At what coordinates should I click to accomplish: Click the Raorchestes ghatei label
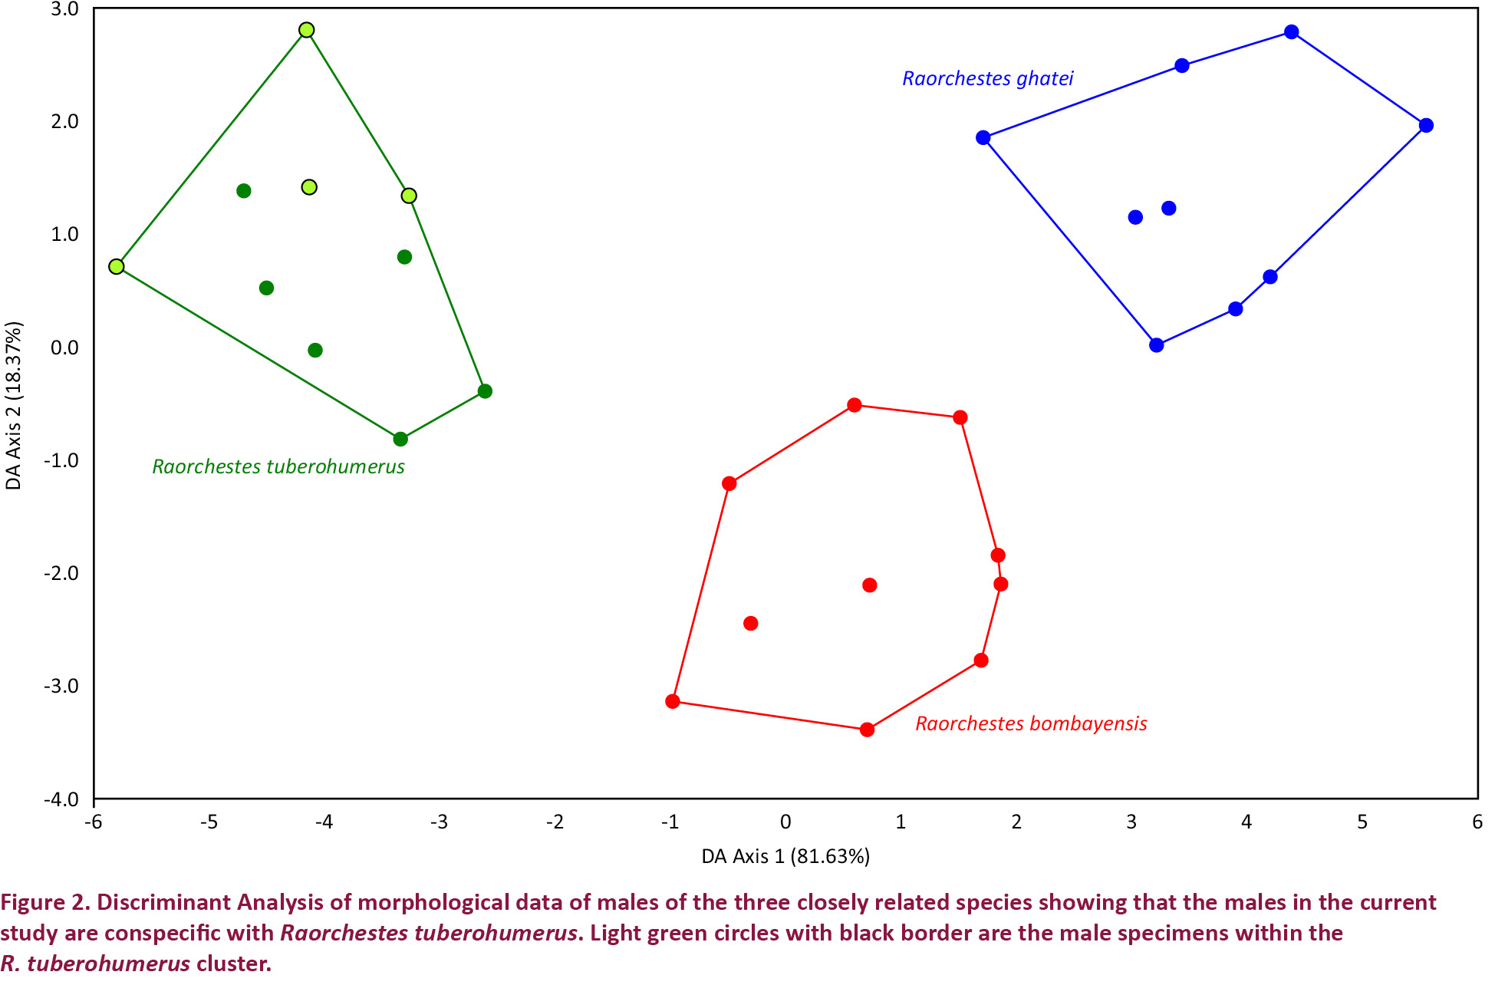987,78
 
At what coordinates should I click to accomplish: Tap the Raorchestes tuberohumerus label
278,466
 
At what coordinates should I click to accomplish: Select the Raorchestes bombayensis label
1031,723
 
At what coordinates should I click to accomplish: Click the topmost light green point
306,30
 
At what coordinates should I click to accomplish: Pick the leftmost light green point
117,266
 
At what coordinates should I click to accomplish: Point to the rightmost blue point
1426,125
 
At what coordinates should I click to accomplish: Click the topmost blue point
1292,32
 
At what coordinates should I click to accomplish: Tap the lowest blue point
1157,345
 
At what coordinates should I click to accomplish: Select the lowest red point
867,730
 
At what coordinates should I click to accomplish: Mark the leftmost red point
673,701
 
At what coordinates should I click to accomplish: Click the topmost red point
855,405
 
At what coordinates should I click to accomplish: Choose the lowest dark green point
400,439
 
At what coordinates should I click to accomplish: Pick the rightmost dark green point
485,391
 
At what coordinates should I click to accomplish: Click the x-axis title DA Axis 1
785,856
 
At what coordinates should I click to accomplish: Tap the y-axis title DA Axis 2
14,405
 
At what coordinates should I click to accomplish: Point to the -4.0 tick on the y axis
61,799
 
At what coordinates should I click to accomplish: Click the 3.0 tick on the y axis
64,9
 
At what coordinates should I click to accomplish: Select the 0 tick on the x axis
785,822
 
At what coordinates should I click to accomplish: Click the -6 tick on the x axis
94,822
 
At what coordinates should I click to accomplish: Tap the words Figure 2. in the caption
44,902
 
